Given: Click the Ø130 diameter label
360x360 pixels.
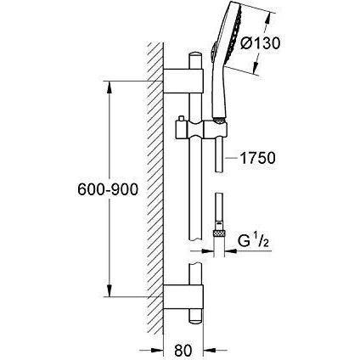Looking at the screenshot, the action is click(260, 43).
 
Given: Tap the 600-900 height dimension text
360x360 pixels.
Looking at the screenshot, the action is click(108, 189).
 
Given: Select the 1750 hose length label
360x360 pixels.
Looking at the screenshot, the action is click(257, 158).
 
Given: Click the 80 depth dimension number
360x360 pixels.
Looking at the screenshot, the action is click(183, 351).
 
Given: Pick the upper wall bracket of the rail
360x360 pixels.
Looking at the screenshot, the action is click(183, 81).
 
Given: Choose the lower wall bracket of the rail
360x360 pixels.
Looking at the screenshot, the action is click(183, 297).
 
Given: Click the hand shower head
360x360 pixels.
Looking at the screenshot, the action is click(227, 63).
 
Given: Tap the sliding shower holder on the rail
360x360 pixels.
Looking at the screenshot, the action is click(201, 130).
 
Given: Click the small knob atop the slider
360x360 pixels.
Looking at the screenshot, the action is click(179, 119).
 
